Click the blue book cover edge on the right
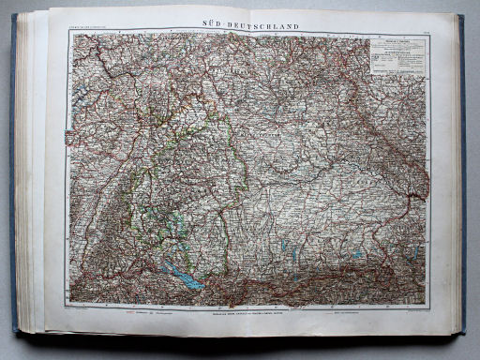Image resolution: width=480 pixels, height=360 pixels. click(x=461, y=178)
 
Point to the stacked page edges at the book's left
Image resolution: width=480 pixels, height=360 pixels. click(x=32, y=178)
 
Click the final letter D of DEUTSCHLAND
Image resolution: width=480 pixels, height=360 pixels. click(x=296, y=26)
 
